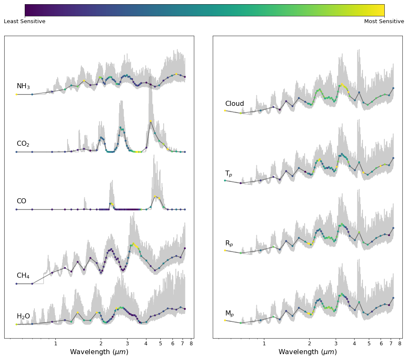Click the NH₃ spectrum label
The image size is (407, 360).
[x=23, y=86]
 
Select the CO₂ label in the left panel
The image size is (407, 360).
[x=23, y=144]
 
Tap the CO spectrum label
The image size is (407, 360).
[x=21, y=201]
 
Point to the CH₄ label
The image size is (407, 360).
[x=23, y=275]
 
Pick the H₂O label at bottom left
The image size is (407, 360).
[x=23, y=316]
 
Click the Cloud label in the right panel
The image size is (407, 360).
[x=235, y=103]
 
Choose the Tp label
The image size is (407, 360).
[x=229, y=173]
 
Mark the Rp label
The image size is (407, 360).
[x=229, y=243]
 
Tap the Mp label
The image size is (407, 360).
[x=230, y=313]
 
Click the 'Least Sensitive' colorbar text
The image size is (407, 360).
[x=25, y=21]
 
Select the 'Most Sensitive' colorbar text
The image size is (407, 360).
[x=384, y=21]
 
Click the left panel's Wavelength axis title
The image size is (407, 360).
[x=99, y=352]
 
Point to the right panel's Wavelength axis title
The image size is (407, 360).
[x=308, y=352]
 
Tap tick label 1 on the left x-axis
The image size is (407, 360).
[x=55, y=343]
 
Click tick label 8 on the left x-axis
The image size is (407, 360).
[x=191, y=343]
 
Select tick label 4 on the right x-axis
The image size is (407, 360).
[x=355, y=343]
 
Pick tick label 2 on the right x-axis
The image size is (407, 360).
[x=309, y=343]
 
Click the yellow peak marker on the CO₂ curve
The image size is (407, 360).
[x=151, y=121]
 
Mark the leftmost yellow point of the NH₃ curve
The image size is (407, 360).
[x=16, y=95]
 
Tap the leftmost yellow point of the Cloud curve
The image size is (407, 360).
[x=225, y=111]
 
